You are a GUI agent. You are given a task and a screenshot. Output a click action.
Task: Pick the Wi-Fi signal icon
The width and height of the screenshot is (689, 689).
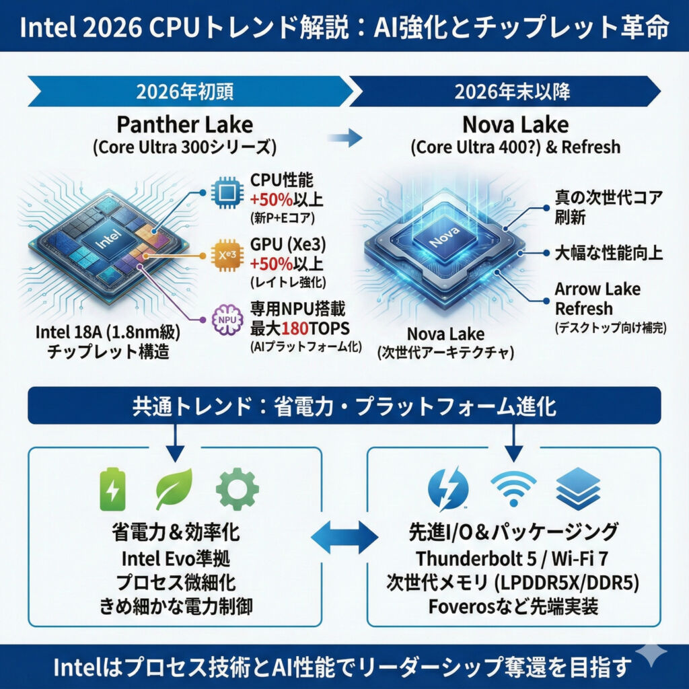(513, 488)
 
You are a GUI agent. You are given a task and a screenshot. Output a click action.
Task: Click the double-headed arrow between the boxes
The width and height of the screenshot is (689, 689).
(344, 536)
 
